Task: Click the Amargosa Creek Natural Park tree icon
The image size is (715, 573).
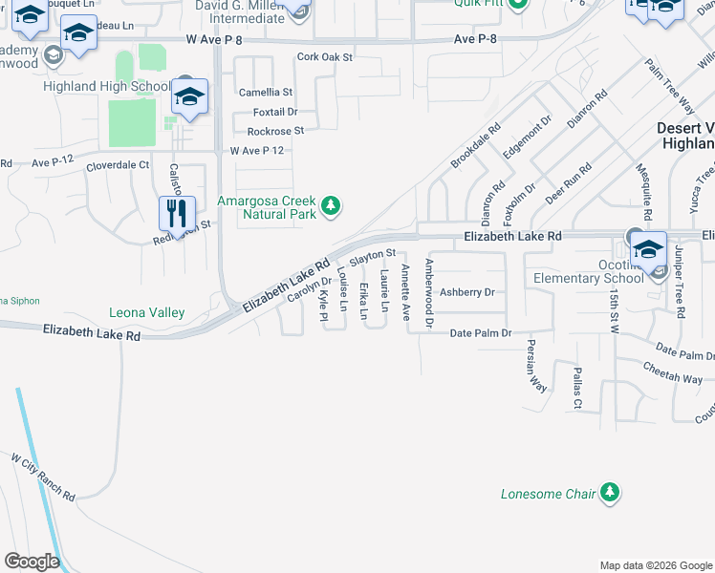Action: pos(331,205)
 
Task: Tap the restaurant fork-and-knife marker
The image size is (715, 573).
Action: pos(176,213)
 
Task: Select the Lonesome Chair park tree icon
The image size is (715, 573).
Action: pos(608,493)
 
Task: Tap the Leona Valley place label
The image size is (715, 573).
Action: pos(146,312)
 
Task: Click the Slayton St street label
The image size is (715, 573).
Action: pos(373,256)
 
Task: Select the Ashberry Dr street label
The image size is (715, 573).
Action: pos(467,292)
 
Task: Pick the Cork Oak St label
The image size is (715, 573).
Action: pos(325,57)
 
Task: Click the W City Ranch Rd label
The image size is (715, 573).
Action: pos(43,478)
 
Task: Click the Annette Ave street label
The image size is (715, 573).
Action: pos(405,291)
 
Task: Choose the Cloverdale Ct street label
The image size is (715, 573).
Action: pos(118,164)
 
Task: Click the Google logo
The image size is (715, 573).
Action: pos(32,562)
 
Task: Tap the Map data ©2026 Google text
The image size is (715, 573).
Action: pos(655,565)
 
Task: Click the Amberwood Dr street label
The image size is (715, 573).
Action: pos(429,293)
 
